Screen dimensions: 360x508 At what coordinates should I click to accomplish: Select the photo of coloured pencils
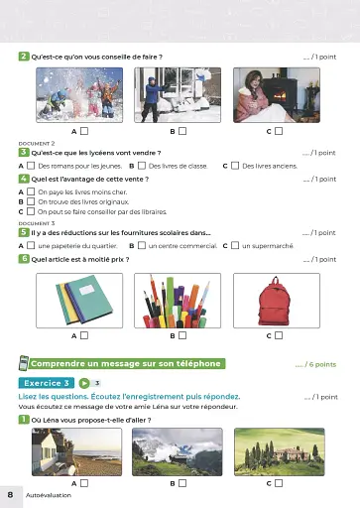tap(173, 301)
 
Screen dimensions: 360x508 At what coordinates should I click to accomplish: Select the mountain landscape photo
tap(173, 451)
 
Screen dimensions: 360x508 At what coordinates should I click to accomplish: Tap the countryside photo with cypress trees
tap(269, 451)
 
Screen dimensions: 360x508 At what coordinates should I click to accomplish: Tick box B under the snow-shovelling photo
tap(182, 131)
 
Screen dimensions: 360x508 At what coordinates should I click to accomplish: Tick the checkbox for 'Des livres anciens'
tap(235, 166)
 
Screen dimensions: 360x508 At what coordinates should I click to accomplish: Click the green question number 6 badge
tap(23, 258)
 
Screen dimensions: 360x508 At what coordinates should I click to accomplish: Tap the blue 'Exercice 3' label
tap(45, 382)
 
